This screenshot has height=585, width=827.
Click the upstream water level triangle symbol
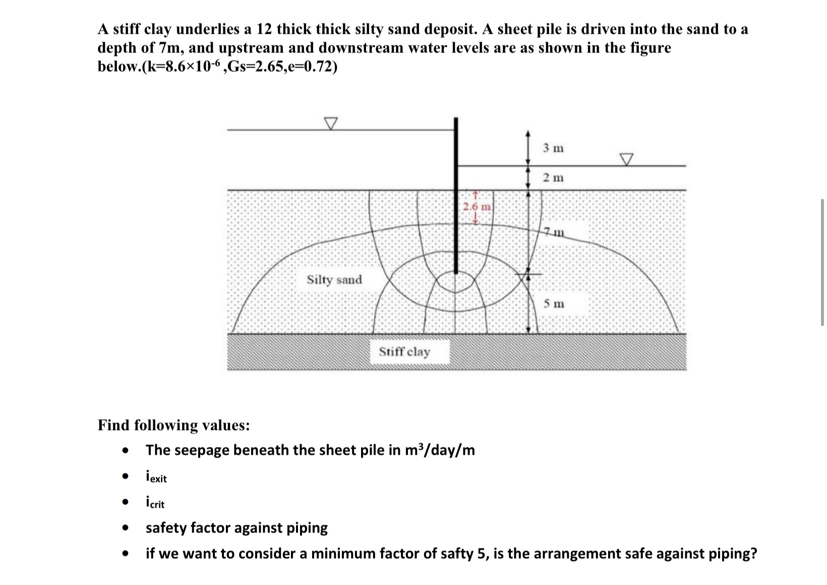pos(330,123)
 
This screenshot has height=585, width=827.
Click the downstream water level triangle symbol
pos(626,159)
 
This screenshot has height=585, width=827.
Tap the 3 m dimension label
pos(553,148)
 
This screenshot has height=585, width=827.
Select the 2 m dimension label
pos(553,178)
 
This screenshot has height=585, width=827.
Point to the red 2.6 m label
pos(476,207)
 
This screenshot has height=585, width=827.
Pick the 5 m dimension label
pos(554,304)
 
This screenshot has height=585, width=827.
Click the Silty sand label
pos(334,280)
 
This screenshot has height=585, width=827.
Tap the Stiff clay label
pos(404,352)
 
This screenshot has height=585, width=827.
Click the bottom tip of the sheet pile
pos(456,272)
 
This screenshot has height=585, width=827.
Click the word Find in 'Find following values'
pos(113,425)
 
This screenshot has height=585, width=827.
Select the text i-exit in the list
pos(156,477)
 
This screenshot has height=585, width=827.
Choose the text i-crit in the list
pos(155,503)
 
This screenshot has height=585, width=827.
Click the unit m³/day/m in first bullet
pos(440,450)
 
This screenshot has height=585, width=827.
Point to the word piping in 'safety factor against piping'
pos(307,528)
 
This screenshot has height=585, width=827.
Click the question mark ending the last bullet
pos(753,554)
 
